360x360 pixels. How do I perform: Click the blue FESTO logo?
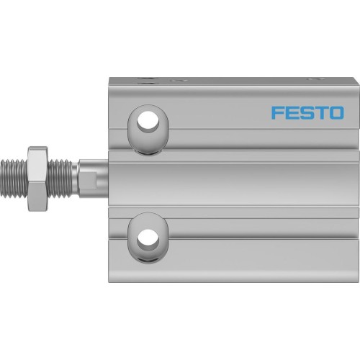[x=307, y=112]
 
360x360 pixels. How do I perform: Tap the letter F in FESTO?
[x=276, y=112]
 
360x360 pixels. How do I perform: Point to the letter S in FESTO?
[x=306, y=112]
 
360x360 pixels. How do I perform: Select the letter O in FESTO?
[x=336, y=112]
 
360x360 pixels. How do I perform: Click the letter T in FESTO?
[x=320, y=112]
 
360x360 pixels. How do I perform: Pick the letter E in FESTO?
[x=291, y=112]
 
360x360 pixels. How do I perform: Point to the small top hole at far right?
[x=314, y=78]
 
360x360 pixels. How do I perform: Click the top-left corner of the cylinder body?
[x=109, y=78]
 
